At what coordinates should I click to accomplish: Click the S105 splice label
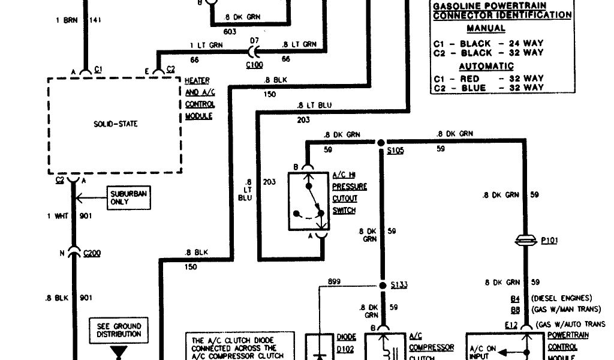[x=395, y=151]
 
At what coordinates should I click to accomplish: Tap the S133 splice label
[x=399, y=284]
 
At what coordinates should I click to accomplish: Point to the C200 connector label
[x=92, y=253]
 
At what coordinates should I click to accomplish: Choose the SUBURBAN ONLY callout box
[x=128, y=197]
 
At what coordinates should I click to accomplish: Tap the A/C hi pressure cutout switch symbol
[x=308, y=202]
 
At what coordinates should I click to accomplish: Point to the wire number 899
[x=335, y=281]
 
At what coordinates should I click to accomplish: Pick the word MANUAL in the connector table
[x=486, y=28]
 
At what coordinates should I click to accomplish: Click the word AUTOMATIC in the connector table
[x=486, y=66]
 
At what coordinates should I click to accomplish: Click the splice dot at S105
[x=381, y=143]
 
